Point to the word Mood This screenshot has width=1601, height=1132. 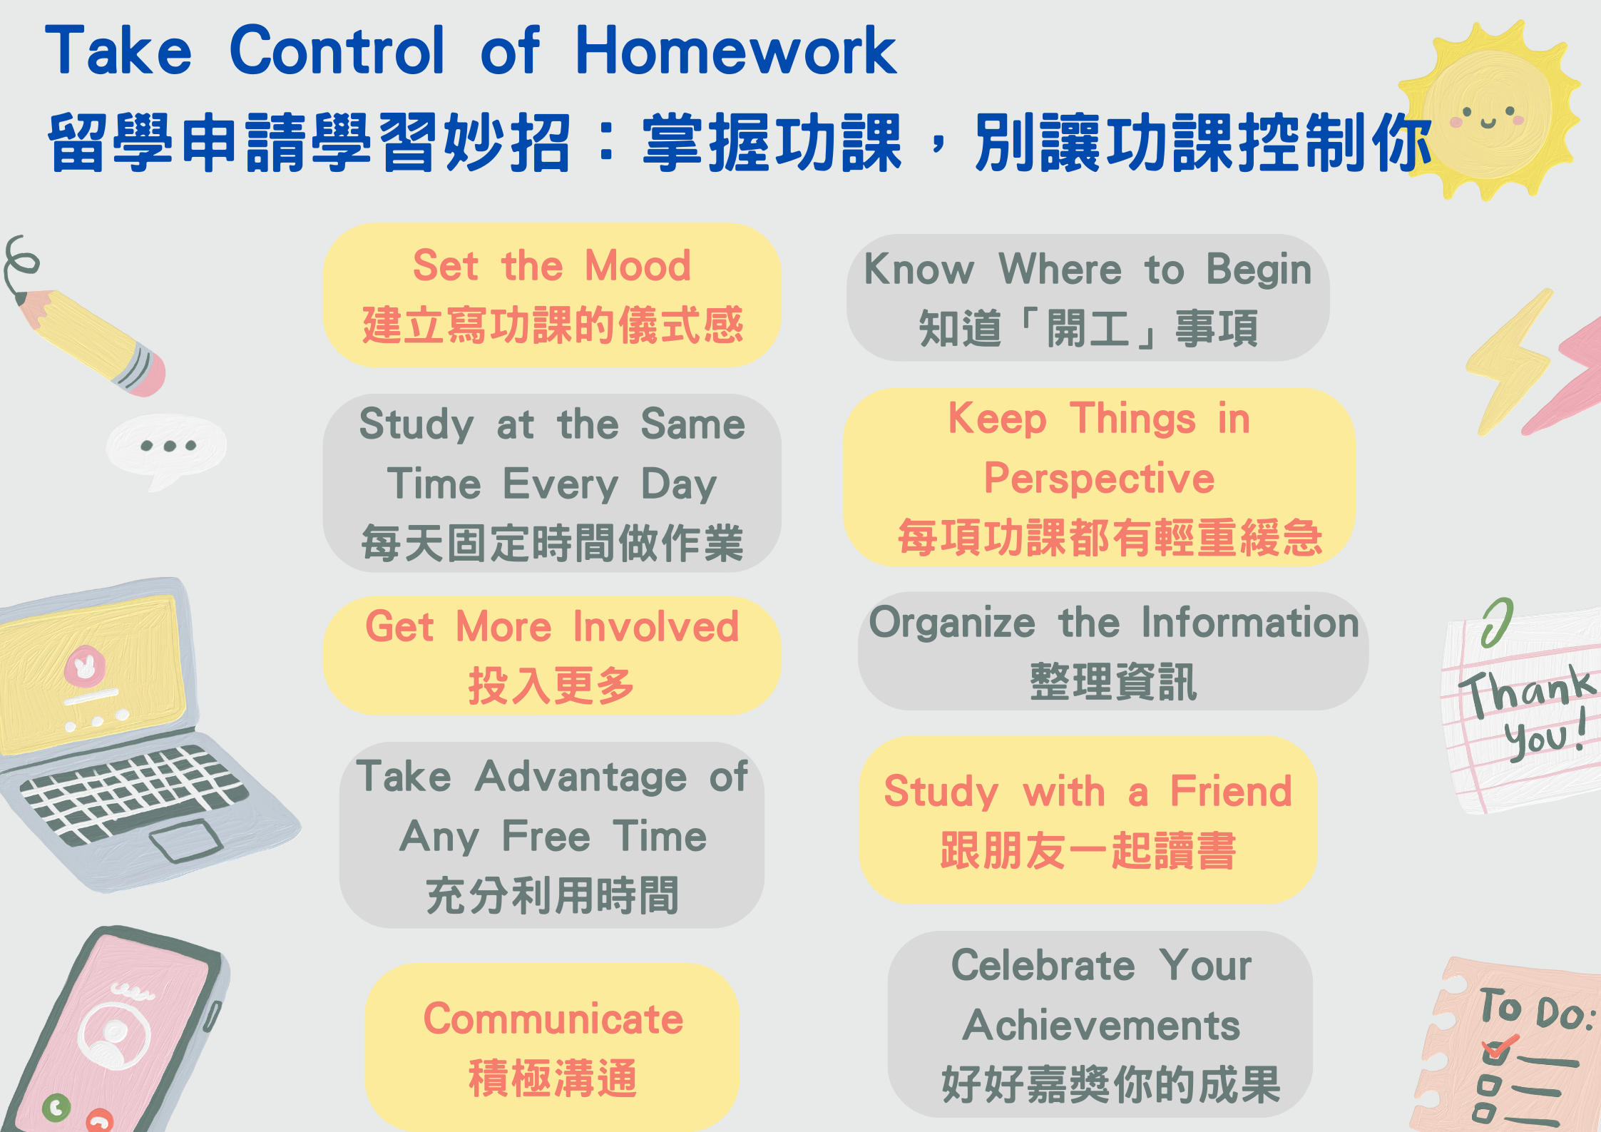638,265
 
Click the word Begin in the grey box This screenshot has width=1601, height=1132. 1259,270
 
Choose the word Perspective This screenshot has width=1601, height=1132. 1099,478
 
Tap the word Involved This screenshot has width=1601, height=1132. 656,626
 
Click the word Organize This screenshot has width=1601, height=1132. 952,623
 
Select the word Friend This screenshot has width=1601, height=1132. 1231,791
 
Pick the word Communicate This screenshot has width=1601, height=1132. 553,1019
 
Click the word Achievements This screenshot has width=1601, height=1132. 1101,1025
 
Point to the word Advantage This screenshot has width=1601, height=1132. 580,777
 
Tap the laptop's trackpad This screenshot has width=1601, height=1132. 186,840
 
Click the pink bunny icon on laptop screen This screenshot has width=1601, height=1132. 85,667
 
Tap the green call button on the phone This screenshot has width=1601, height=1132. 56,1107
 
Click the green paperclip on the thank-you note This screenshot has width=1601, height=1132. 1496,622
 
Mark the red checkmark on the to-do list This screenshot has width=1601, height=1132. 1499,1049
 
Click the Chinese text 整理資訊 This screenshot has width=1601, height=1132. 1113,682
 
